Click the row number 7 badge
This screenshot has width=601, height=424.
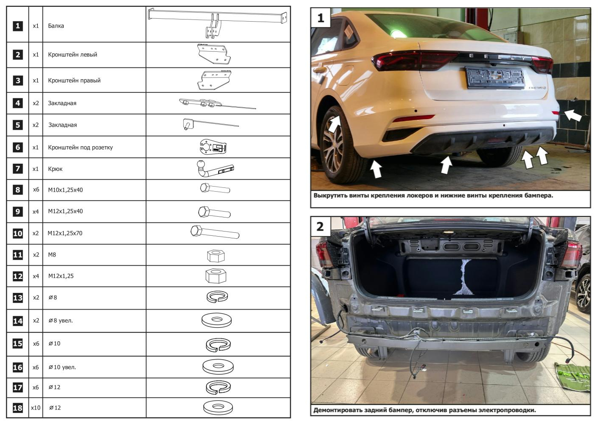point(18,169)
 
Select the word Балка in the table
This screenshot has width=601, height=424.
point(56,26)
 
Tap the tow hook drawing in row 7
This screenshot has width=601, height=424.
point(215,169)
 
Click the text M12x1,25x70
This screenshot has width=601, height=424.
point(65,233)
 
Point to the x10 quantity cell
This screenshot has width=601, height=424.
point(35,407)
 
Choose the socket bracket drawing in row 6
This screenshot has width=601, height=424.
point(213,147)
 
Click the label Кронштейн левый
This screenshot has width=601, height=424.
point(73,55)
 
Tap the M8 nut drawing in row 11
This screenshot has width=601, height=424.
point(216,256)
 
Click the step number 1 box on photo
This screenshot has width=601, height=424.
point(321,18)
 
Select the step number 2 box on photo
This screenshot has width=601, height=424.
point(320,227)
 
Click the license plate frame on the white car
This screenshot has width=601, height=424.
point(495,78)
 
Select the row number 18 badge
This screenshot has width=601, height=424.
point(18,408)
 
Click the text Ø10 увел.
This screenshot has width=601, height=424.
point(62,367)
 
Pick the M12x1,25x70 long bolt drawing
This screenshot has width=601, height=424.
point(215,232)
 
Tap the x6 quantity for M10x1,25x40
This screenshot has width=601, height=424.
point(36,190)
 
